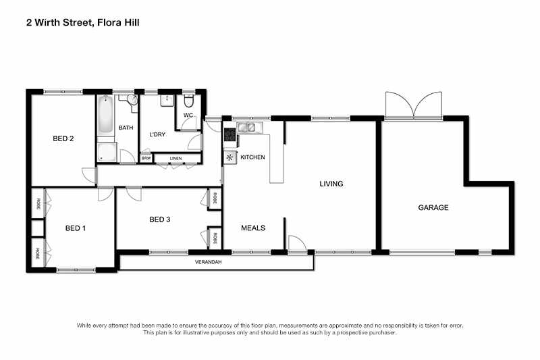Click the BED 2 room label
tap(63, 139)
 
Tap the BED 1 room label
tap(75, 228)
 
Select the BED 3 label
tap(160, 220)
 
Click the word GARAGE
tap(433, 207)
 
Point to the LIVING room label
tap(331, 184)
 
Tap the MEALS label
tap(253, 228)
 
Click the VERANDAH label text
tap(208, 261)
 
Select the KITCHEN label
tap(252, 157)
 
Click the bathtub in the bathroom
tap(106, 115)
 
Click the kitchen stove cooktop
tap(230, 137)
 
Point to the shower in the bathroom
tap(106, 152)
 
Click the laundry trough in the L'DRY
tap(166, 101)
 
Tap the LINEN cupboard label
tap(175, 159)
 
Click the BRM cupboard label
tap(146, 159)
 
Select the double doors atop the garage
tap(413, 106)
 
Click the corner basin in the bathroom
tap(131, 100)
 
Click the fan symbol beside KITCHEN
tap(230, 157)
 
